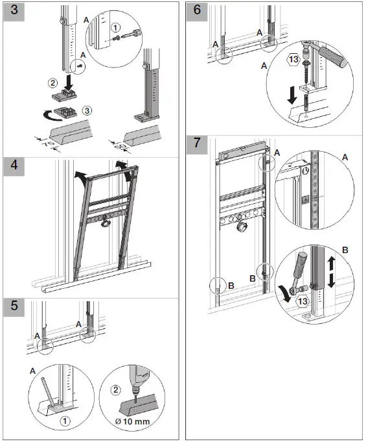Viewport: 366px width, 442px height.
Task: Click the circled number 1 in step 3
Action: [115, 28]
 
